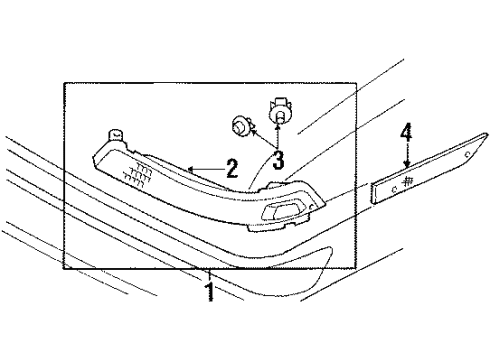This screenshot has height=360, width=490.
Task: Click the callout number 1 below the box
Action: click(210, 293)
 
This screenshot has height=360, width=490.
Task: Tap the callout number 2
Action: click(232, 168)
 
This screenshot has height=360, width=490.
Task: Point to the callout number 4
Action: click(406, 132)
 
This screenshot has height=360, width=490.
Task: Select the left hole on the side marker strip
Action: click(396, 188)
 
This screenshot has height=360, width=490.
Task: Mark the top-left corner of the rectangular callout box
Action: click(63, 83)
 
